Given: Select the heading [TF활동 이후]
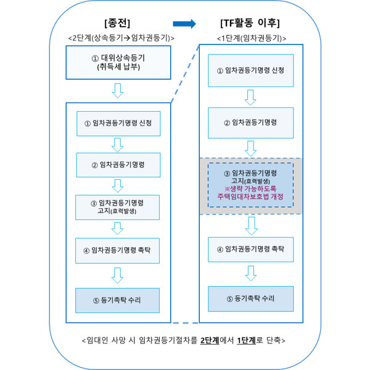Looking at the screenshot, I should (x=250, y=24).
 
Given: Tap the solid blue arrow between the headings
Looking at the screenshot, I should (x=184, y=24).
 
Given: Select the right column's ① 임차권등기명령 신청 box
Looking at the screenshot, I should (x=250, y=70).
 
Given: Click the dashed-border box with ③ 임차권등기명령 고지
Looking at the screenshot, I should (x=250, y=185).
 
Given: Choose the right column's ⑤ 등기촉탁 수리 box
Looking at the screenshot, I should (x=250, y=298).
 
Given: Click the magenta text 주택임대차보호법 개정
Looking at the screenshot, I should (x=250, y=197).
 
